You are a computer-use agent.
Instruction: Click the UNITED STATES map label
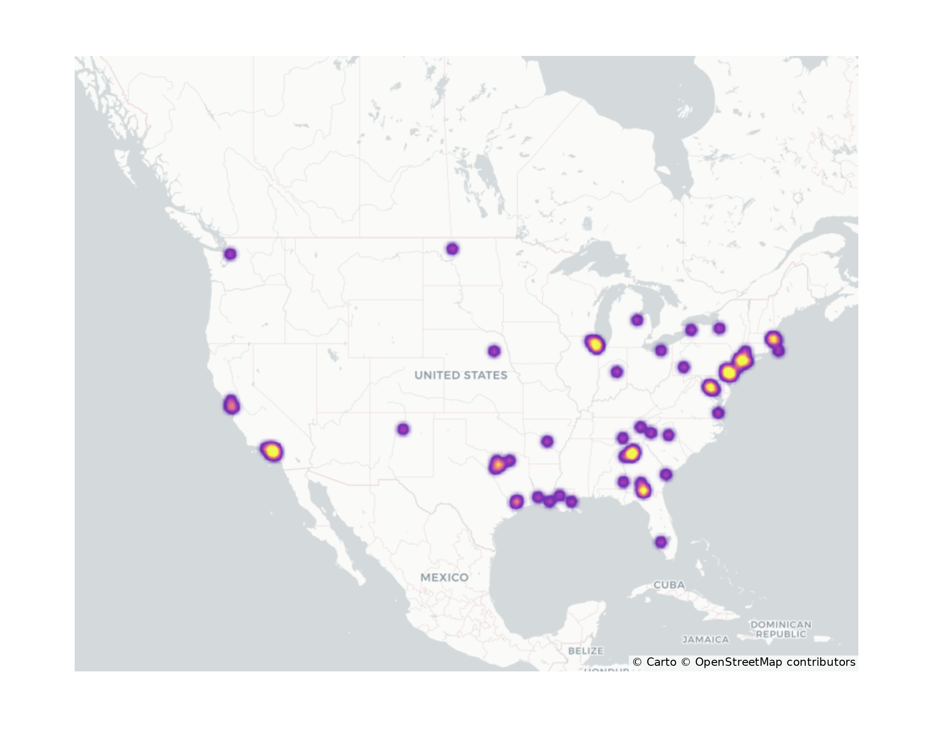pyautogui.click(x=460, y=375)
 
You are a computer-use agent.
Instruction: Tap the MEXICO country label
pyautogui.click(x=444, y=577)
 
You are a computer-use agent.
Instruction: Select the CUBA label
pyautogui.click(x=669, y=585)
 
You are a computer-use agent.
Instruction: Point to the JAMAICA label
pyautogui.click(x=705, y=640)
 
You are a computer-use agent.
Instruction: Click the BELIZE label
pyautogui.click(x=586, y=650)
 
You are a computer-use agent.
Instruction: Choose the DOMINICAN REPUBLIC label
pyautogui.click(x=781, y=629)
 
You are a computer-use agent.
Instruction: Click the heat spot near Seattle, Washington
pyautogui.click(x=230, y=254)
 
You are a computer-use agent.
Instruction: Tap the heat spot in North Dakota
pyautogui.click(x=452, y=249)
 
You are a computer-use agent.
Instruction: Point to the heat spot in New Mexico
pyautogui.click(x=403, y=429)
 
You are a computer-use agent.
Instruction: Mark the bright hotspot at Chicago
pyautogui.click(x=595, y=345)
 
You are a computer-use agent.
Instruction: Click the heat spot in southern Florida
pyautogui.click(x=661, y=542)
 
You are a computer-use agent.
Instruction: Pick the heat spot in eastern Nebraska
pyautogui.click(x=494, y=351)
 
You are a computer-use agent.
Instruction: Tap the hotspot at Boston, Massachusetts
pyautogui.click(x=773, y=339)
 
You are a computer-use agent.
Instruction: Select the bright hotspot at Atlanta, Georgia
pyautogui.click(x=631, y=453)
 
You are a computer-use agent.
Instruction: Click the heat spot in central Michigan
pyautogui.click(x=637, y=320)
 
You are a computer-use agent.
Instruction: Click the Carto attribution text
pyautogui.click(x=661, y=662)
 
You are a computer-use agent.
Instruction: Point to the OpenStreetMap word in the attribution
pyautogui.click(x=738, y=662)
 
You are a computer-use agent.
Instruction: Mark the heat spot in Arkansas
pyautogui.click(x=547, y=441)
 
